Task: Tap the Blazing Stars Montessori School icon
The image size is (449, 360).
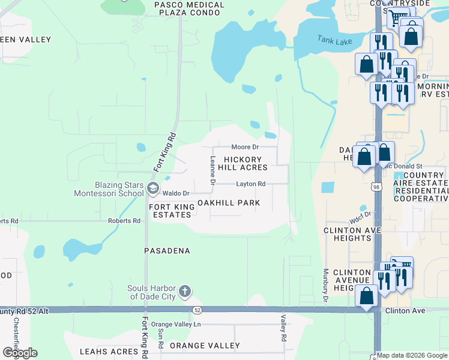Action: point(153,189)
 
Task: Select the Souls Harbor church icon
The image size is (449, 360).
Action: point(185,292)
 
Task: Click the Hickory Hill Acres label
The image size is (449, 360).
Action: point(246,163)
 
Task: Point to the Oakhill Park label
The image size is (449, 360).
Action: point(229,203)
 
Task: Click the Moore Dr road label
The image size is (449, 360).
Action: point(245,147)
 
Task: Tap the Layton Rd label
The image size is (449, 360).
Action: point(250,184)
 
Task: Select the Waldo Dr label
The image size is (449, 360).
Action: point(177,193)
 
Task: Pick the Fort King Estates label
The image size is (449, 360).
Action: point(172,211)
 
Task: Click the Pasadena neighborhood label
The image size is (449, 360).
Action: point(167,250)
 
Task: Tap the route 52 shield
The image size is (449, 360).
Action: point(197,310)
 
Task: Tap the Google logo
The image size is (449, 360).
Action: point(20,352)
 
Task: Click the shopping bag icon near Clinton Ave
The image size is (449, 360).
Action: point(366,295)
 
